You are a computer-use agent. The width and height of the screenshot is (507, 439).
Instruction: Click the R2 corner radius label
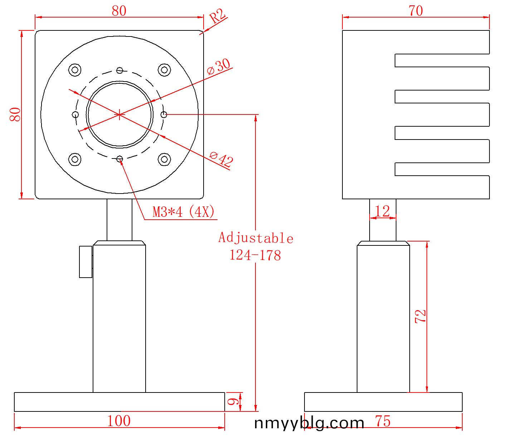(217, 16)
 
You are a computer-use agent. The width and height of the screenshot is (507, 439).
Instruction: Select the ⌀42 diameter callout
(221, 159)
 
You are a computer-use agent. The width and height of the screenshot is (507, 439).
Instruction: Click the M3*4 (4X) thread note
(184, 212)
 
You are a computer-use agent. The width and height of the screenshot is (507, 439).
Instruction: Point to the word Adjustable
(256, 238)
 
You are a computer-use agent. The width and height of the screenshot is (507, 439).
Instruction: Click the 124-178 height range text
(255, 255)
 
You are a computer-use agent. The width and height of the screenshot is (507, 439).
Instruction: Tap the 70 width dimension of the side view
(416, 11)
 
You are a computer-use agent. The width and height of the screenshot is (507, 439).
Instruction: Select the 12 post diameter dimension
(382, 211)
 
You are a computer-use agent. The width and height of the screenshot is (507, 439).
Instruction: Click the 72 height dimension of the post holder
(420, 316)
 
